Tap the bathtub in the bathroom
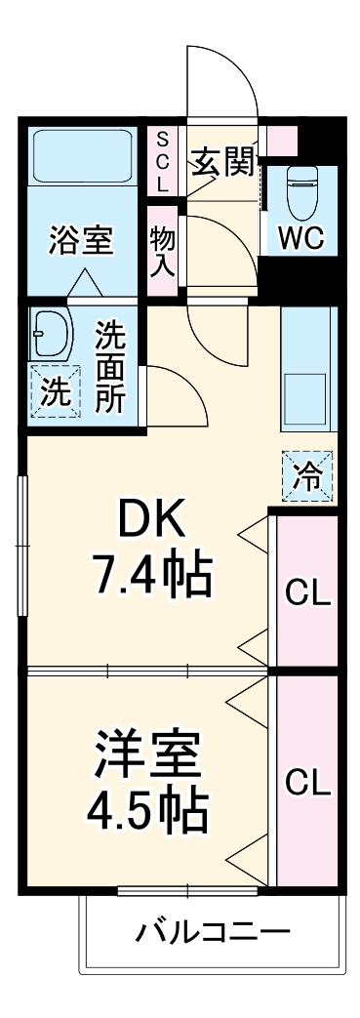pyautogui.click(x=82, y=156)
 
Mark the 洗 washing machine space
pyautogui.click(x=54, y=392)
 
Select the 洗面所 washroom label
pyautogui.click(x=109, y=368)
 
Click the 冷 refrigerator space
pyautogui.click(x=307, y=477)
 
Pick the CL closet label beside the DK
pyautogui.click(x=306, y=591)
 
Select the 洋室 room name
pyautogui.click(x=148, y=751)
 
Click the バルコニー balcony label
pyautogui.click(x=212, y=930)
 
